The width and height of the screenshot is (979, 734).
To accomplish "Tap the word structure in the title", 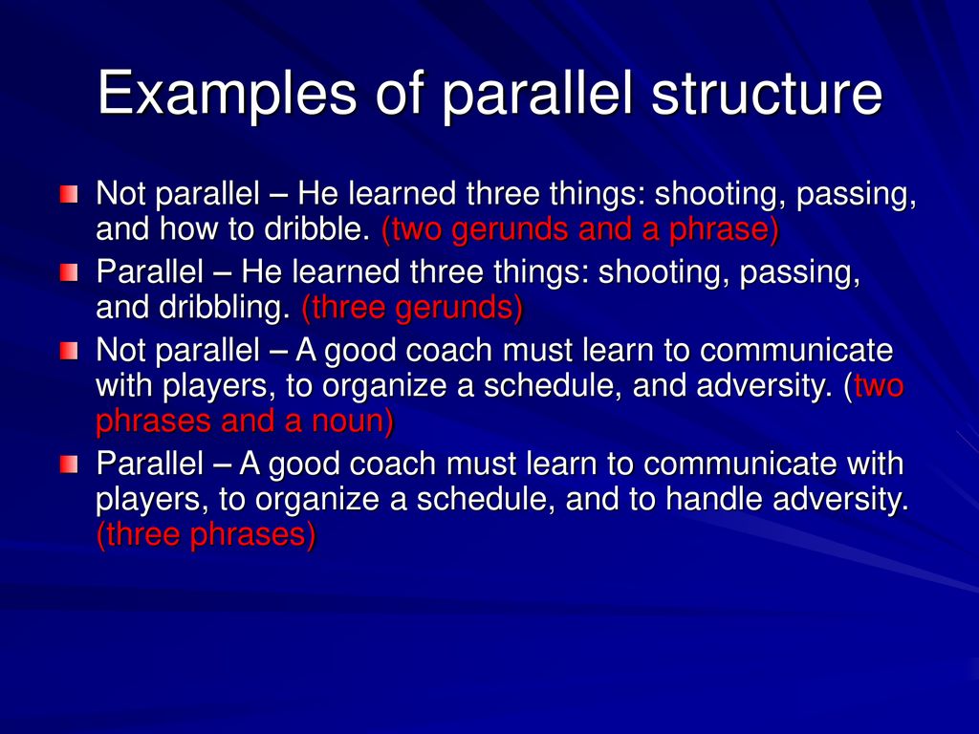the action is tap(768, 94).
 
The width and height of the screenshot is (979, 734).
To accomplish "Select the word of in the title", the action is tap(401, 93).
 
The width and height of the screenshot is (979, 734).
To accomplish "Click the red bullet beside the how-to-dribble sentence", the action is tap(69, 194).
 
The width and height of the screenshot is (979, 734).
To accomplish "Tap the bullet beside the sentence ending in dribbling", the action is tap(69, 272).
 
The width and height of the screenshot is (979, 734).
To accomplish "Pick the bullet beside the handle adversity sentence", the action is tap(69, 464).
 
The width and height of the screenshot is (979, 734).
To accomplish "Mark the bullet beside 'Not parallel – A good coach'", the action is tap(69, 351).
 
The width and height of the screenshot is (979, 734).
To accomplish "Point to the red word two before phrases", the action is tap(879, 386).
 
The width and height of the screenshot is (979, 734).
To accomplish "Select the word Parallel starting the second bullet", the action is tap(150, 272).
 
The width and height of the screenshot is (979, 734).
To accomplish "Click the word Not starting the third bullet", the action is tap(121, 351).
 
